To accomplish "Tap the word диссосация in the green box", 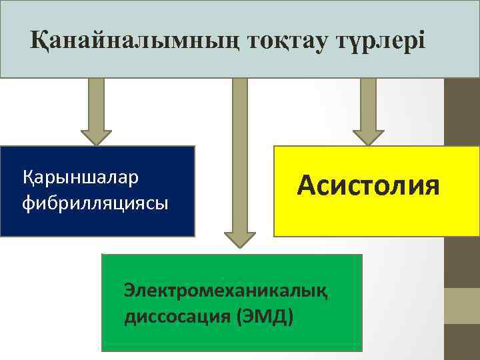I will pos(178,315).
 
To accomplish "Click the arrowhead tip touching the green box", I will pos(240,244).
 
